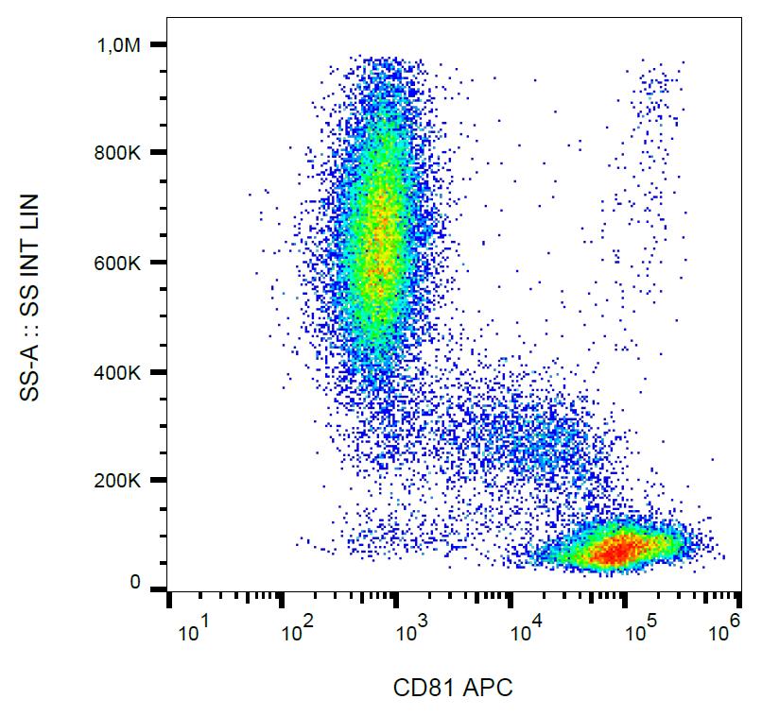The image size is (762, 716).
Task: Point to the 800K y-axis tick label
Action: click(123, 153)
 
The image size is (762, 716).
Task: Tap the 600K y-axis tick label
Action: click(123, 263)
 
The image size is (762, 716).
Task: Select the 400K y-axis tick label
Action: click(123, 372)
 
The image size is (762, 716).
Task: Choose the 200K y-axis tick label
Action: click(123, 481)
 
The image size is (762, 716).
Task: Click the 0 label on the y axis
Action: click(135, 584)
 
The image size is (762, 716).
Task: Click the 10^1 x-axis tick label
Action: click(192, 634)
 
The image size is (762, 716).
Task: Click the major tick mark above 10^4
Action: click(511, 602)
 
